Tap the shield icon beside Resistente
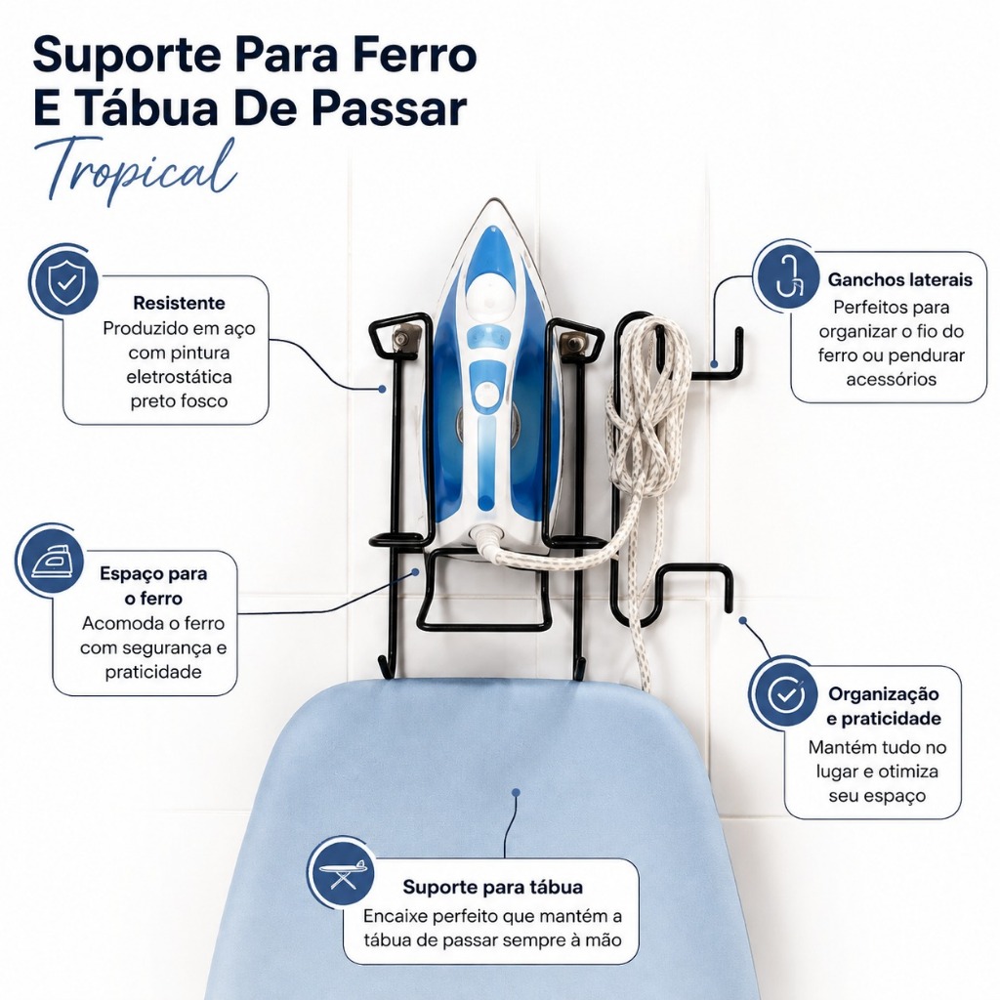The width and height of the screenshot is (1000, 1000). click(64, 282)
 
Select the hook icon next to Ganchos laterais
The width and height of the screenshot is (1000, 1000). click(786, 274)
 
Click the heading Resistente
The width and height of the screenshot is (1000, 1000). click(179, 303)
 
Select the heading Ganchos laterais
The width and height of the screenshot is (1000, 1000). click(899, 279)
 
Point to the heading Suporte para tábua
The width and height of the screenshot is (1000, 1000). click(492, 887)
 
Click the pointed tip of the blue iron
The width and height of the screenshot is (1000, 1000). click(492, 200)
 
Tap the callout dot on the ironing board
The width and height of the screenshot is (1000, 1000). click(516, 792)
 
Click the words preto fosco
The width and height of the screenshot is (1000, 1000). click(179, 400)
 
